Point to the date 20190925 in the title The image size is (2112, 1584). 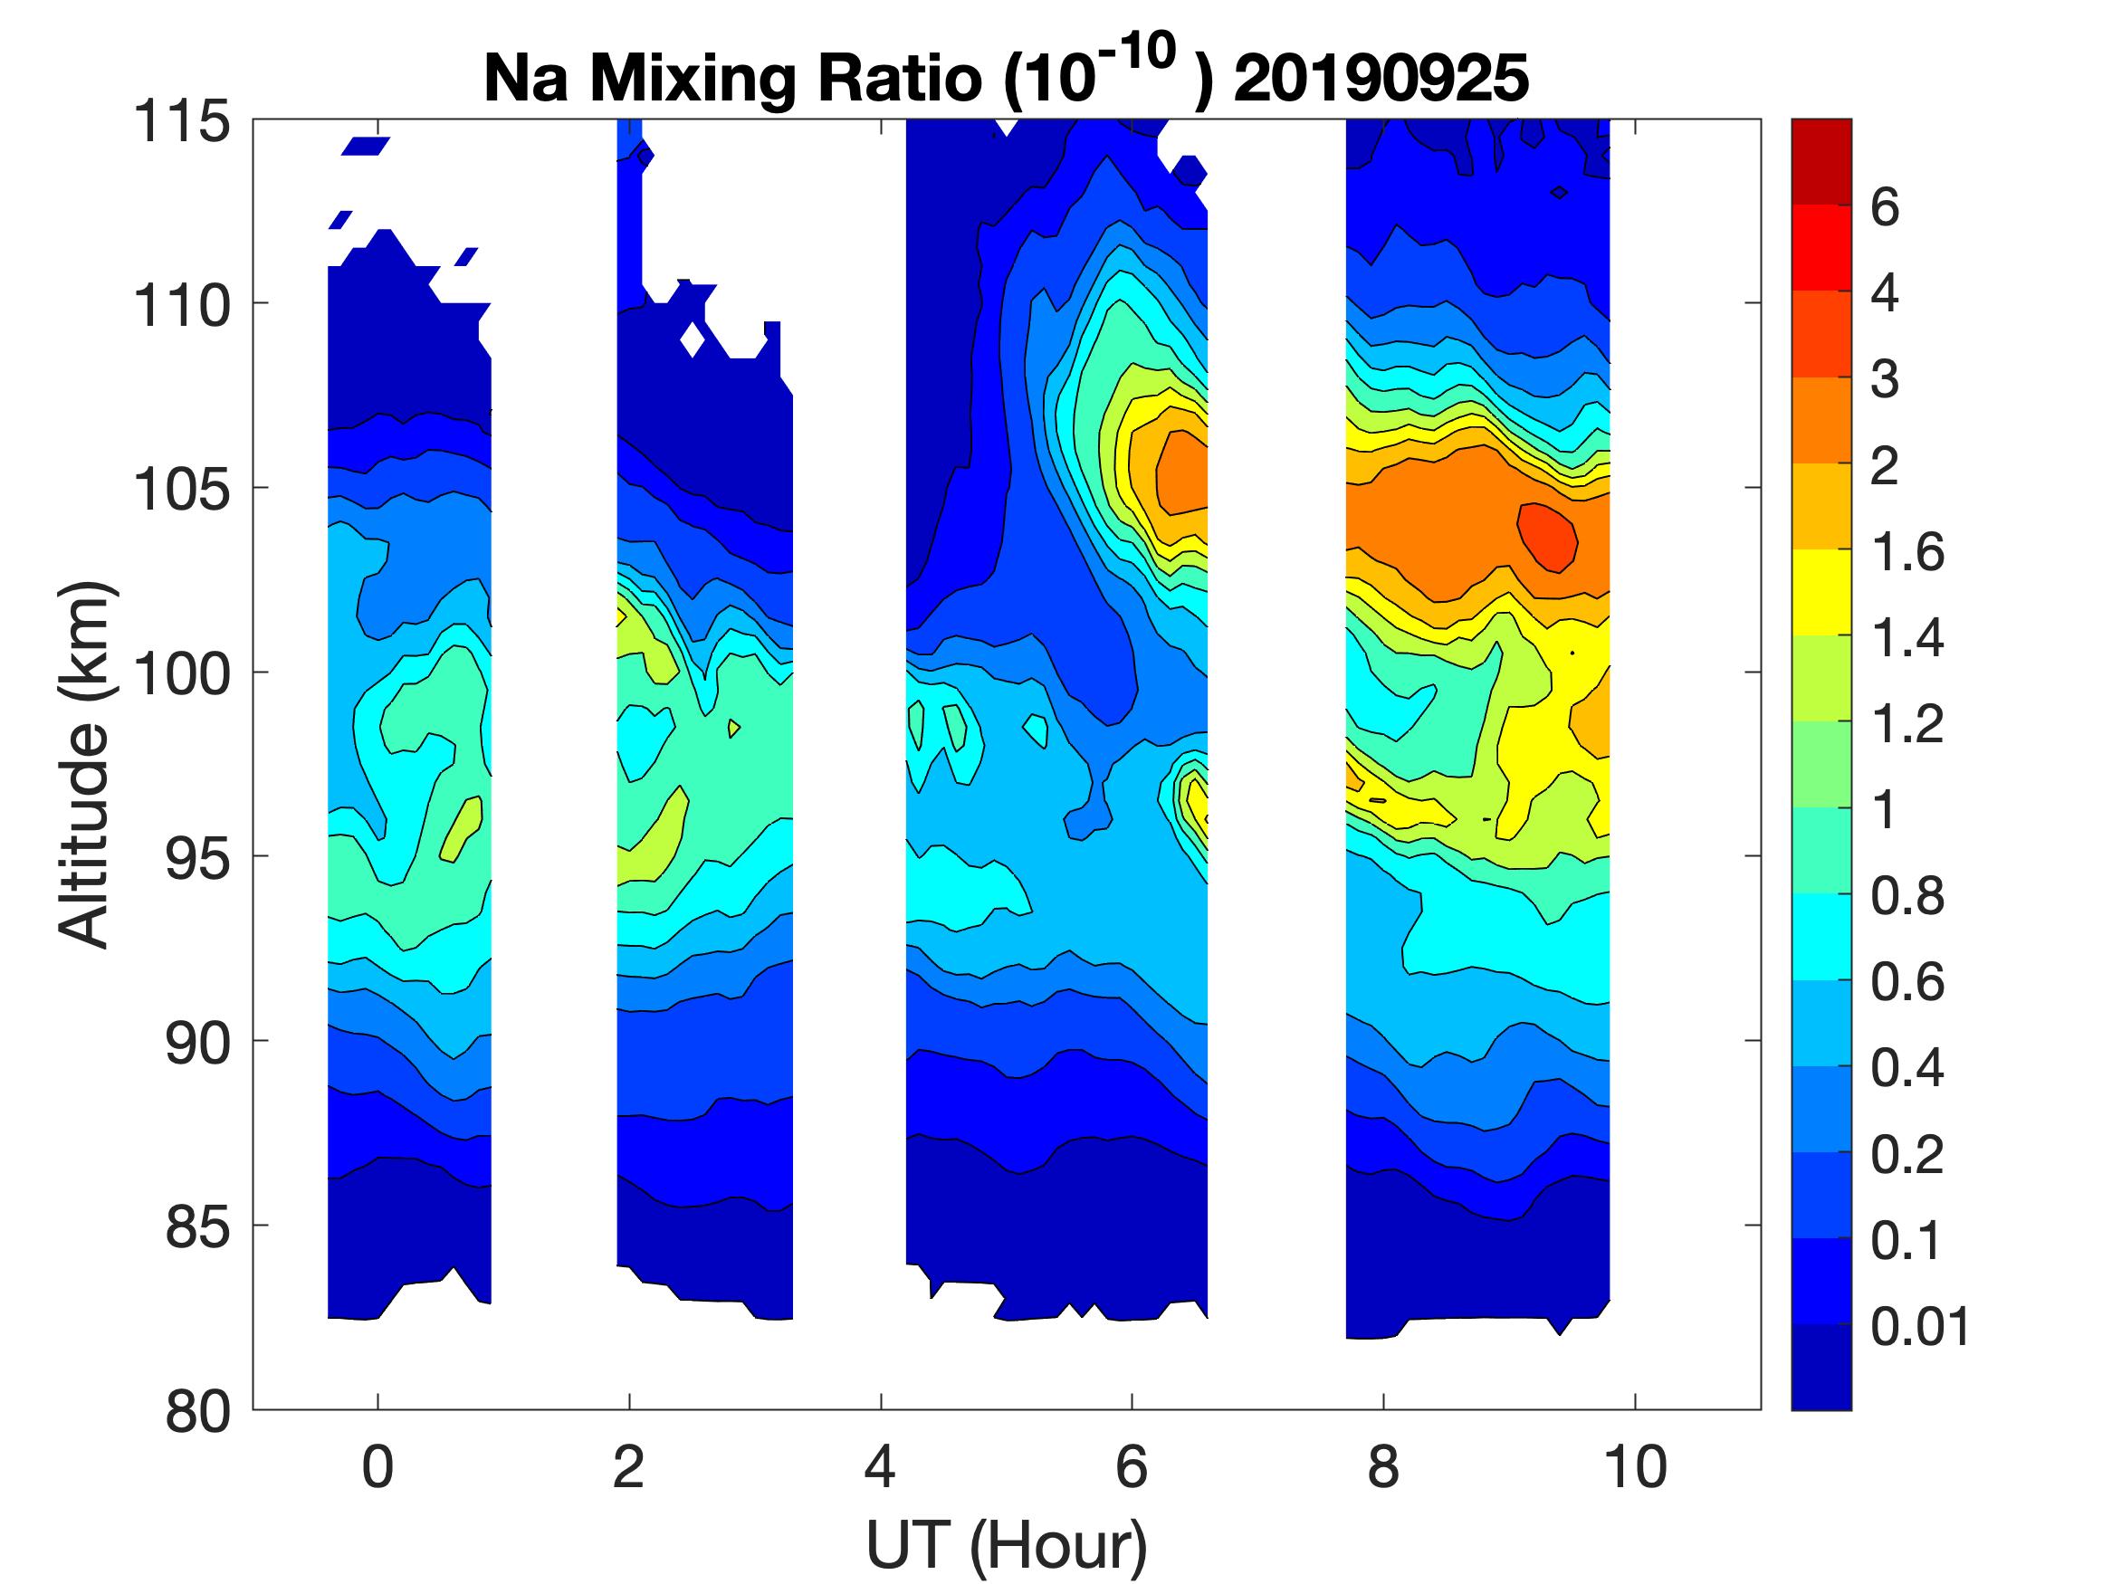pos(1381,78)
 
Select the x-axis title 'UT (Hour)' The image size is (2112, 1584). pos(1007,1546)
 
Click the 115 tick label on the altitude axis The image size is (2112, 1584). pos(181,122)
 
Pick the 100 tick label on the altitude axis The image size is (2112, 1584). pos(181,674)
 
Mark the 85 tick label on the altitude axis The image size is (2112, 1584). pos(197,1226)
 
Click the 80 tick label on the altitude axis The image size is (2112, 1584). pos(197,1411)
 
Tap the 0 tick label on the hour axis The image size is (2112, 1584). pos(377,1467)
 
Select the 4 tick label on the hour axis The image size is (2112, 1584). pos(879,1467)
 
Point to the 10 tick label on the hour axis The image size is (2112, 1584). pos(1635,1467)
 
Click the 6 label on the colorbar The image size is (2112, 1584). pos(1884,207)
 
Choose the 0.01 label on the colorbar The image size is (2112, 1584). pos(1919,1326)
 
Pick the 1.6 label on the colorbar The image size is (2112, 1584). pos(1907,552)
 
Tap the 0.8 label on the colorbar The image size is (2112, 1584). pos(1907,897)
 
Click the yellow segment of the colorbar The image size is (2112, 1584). pos(1821,592)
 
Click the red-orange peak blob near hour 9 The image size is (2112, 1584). pos(1547,538)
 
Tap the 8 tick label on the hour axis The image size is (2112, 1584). pos(1382,1467)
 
